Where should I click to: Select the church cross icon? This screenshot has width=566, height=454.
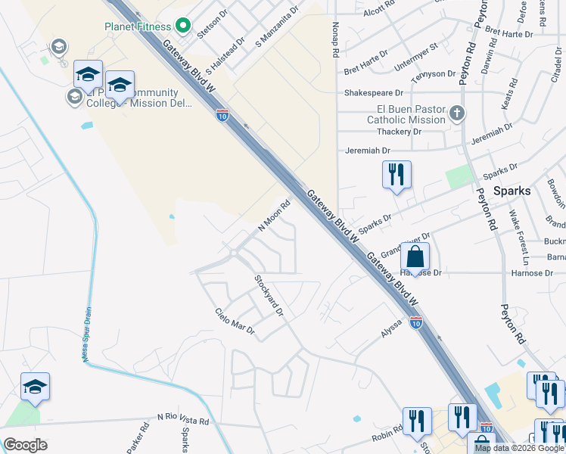point(456,113)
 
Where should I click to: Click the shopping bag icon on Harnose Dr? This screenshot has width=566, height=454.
point(415,257)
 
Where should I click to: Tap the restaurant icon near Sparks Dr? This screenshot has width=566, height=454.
point(397,176)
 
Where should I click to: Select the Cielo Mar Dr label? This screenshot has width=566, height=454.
point(235,322)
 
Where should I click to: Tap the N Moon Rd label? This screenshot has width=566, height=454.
point(275,216)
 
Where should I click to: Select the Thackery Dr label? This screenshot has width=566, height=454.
point(394,131)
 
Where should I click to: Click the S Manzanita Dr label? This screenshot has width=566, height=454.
point(278,26)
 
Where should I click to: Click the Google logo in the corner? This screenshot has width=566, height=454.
point(25,444)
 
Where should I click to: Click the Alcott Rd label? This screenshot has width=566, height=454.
point(379,12)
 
